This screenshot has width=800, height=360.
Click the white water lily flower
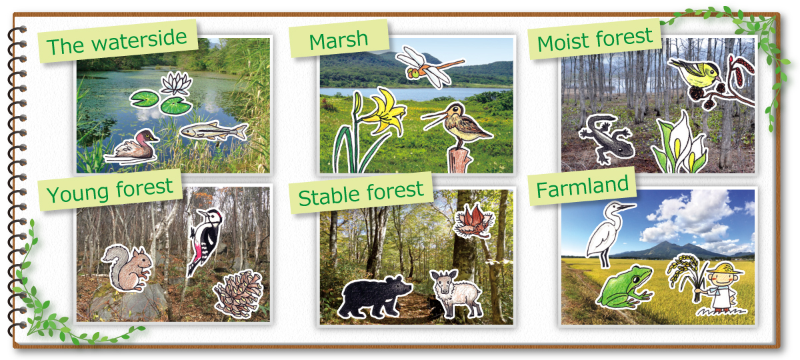(x=176, y=83)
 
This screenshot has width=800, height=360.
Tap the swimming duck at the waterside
(x=132, y=147)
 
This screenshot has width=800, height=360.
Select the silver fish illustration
(x=213, y=131)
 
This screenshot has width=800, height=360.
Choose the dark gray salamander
(x=607, y=139)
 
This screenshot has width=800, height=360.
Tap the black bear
(x=374, y=297)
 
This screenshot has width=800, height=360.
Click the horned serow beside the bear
(x=456, y=293)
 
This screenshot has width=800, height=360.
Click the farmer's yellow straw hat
(x=725, y=269)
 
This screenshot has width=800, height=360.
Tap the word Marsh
(x=338, y=41)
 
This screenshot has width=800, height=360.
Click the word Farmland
(x=582, y=187)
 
